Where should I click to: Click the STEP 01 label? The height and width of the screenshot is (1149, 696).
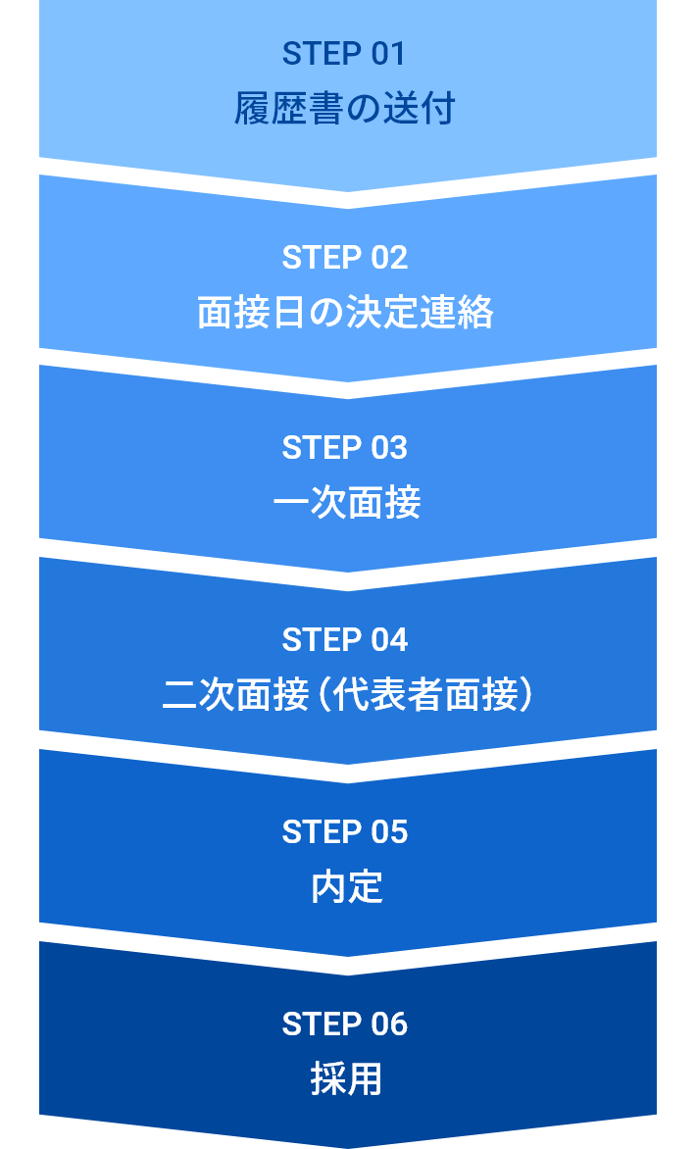[x=344, y=54]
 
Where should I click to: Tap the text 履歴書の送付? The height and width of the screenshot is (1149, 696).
[x=345, y=108]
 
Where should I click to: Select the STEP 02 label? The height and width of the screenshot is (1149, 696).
[x=344, y=258]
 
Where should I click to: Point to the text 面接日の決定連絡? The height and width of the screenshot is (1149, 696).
[x=345, y=314]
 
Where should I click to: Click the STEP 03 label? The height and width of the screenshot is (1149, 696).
[x=344, y=448]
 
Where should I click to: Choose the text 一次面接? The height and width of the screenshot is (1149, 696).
[x=346, y=503]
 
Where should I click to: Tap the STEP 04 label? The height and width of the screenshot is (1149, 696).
[x=344, y=640]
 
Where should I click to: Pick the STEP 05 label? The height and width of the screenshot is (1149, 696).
[x=344, y=832]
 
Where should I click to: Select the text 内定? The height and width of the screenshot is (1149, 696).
[x=346, y=887]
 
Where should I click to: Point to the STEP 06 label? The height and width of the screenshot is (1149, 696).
[x=344, y=1024]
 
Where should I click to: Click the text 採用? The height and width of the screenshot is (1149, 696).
[x=346, y=1079]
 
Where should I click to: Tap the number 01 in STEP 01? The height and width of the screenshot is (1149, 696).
[x=388, y=54]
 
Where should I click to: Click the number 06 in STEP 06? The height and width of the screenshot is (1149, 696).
[x=389, y=1024]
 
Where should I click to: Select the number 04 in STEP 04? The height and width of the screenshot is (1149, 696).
[x=389, y=640]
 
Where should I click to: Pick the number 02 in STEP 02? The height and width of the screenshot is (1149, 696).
[x=389, y=258]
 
